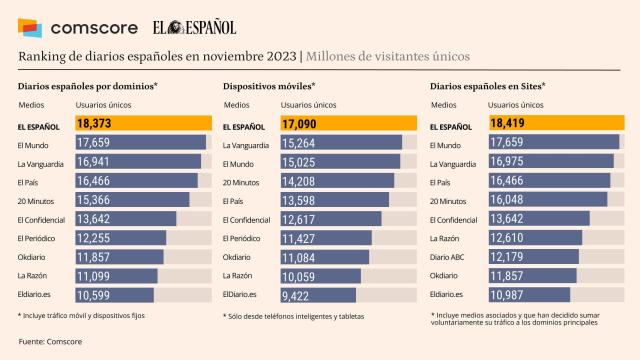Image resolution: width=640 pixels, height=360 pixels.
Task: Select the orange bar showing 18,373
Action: click(141, 124)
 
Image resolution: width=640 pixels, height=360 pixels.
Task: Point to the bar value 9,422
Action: click(298, 295)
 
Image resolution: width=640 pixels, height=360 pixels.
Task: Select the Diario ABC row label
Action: click(446, 257)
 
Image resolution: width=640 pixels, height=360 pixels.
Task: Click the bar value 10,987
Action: click(506, 295)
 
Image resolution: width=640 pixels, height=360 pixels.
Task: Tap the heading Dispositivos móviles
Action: click(268, 86)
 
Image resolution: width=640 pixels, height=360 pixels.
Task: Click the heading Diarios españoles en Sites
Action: click(487, 86)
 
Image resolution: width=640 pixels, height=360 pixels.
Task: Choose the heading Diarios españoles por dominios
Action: click(81, 86)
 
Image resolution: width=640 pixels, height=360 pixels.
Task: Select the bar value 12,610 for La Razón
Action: click(507, 238)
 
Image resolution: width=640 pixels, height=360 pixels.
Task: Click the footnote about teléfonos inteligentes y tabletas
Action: click(294, 316)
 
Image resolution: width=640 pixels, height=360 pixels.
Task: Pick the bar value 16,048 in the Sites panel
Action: click(507, 200)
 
